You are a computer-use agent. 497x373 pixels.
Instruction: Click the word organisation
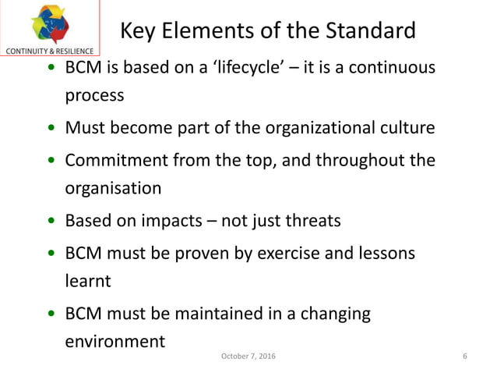tap(113, 188)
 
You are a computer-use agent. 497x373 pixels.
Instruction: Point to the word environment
tap(115, 341)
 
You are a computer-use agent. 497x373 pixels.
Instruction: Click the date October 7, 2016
tap(248, 357)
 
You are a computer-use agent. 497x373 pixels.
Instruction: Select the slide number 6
tap(464, 357)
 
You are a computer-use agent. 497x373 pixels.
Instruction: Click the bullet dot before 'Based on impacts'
tap(51, 221)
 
